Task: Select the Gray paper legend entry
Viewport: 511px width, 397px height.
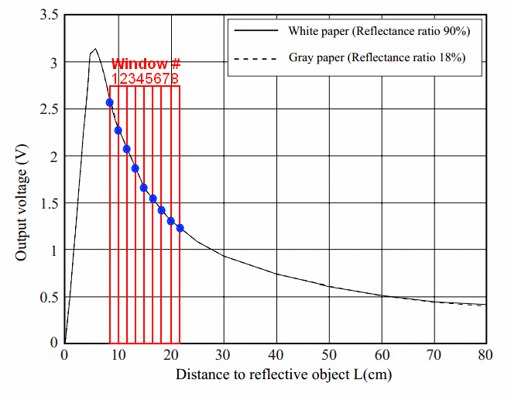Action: click(x=376, y=57)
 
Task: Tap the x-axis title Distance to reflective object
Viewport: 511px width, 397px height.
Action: click(x=283, y=375)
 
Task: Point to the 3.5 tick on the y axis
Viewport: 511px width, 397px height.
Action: click(x=47, y=15)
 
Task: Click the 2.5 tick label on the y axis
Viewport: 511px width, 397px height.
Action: click(x=47, y=109)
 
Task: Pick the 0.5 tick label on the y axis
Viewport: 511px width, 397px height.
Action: click(x=47, y=297)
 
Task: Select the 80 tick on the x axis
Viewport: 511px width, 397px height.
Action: click(x=486, y=355)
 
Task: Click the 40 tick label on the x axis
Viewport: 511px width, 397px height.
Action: click(x=276, y=355)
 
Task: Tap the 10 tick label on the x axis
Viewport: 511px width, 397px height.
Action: click(x=118, y=355)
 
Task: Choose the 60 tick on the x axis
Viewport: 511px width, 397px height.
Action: click(x=382, y=355)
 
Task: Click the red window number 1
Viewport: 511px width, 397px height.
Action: click(x=115, y=78)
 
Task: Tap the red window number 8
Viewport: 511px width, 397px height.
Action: click(x=176, y=78)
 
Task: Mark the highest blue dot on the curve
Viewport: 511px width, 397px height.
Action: click(x=110, y=102)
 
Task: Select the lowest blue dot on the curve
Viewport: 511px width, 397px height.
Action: click(x=180, y=228)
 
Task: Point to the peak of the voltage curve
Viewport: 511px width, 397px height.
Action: click(x=94, y=49)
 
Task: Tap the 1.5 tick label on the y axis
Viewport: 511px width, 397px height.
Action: click(x=47, y=203)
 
